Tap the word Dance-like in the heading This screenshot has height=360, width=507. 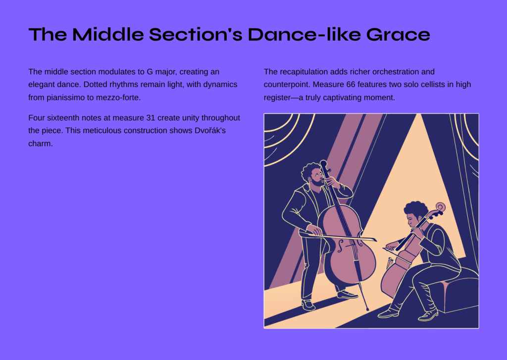point(304,34)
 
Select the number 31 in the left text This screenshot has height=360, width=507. point(151,118)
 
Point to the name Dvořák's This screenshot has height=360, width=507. point(210,131)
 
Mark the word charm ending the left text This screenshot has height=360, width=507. point(40,144)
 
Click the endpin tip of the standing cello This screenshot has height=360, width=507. point(367,309)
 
